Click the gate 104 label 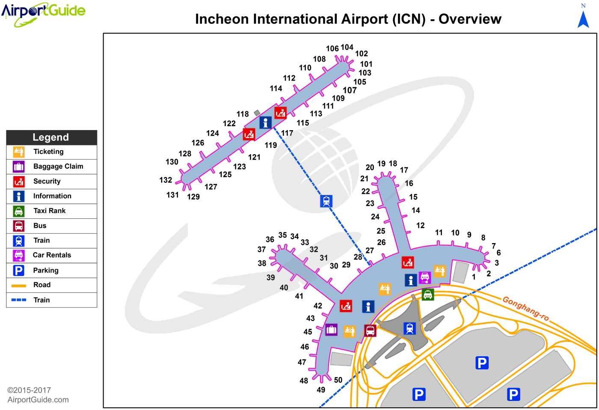click(x=347, y=47)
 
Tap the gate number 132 click(x=166, y=180)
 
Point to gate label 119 click(x=271, y=145)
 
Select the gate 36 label click(x=270, y=240)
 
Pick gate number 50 click(x=338, y=380)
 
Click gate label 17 click(x=404, y=170)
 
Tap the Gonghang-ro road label click(x=525, y=308)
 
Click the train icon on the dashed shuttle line click(x=326, y=201)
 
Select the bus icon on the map click(x=370, y=330)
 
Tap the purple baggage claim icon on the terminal click(x=331, y=330)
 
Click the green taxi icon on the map click(x=427, y=294)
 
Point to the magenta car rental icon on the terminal click(x=424, y=277)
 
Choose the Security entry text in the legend click(x=47, y=181)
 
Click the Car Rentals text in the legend click(x=52, y=255)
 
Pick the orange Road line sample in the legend click(x=19, y=285)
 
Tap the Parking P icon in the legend click(x=19, y=270)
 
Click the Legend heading click(x=51, y=137)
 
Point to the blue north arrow click(x=583, y=20)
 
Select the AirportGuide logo click(x=43, y=13)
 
